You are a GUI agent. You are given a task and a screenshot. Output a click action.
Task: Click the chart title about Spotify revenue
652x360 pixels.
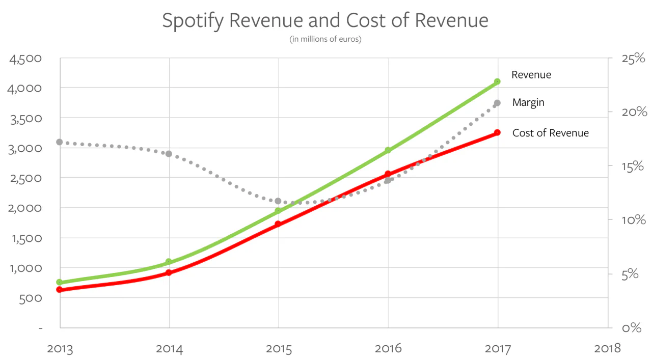[325, 20]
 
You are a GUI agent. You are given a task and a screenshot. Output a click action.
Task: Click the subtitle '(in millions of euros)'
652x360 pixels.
[325, 39]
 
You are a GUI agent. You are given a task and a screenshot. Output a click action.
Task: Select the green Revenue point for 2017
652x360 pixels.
[498, 81]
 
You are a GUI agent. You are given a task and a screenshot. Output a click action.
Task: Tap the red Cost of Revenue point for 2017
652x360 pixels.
[498, 132]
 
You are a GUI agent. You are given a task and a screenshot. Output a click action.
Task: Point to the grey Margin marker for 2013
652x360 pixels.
[60, 142]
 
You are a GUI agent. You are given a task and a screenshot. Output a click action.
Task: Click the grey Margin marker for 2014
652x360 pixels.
[169, 154]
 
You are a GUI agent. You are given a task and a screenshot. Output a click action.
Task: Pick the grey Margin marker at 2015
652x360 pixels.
[278, 201]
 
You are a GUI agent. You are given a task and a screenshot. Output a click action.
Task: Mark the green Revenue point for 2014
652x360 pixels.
[169, 262]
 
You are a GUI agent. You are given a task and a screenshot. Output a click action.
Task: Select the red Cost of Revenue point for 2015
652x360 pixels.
[278, 224]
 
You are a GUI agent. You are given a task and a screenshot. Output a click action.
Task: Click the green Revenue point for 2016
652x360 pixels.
[388, 150]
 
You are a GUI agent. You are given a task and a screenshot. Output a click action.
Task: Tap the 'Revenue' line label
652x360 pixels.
[531, 75]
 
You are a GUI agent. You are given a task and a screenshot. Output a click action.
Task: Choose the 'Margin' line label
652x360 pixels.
[528, 102]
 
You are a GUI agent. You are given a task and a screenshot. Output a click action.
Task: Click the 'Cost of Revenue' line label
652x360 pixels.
[550, 133]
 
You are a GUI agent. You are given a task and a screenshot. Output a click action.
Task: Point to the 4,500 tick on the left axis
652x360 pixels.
[25, 58]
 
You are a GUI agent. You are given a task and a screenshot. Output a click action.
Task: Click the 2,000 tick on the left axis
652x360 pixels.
[25, 208]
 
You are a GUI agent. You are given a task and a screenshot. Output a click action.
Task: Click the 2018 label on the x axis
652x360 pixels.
[607, 348]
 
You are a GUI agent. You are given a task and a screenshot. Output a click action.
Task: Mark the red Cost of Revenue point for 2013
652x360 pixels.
[60, 289]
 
